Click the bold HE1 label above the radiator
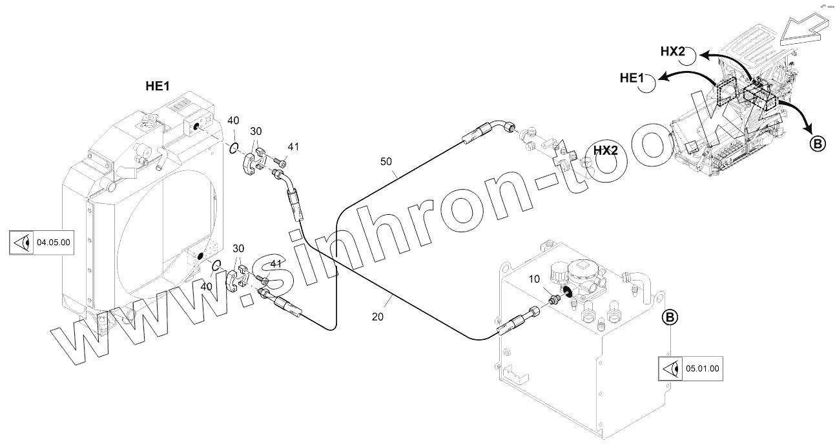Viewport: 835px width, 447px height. pyautogui.click(x=157, y=86)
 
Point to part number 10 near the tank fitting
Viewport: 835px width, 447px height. pyautogui.click(x=533, y=279)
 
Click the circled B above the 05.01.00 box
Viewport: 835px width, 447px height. pyautogui.click(x=670, y=317)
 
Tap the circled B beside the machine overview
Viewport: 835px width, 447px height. pyautogui.click(x=817, y=144)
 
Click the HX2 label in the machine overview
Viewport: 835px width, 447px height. pyautogui.click(x=672, y=52)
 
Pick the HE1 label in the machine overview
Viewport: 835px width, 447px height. pyautogui.click(x=632, y=78)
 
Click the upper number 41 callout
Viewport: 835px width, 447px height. pyautogui.click(x=293, y=147)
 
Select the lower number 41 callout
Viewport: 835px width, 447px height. pyautogui.click(x=276, y=264)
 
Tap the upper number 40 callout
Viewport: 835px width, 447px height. pyautogui.click(x=234, y=120)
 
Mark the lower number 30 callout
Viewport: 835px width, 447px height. pyautogui.click(x=238, y=249)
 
